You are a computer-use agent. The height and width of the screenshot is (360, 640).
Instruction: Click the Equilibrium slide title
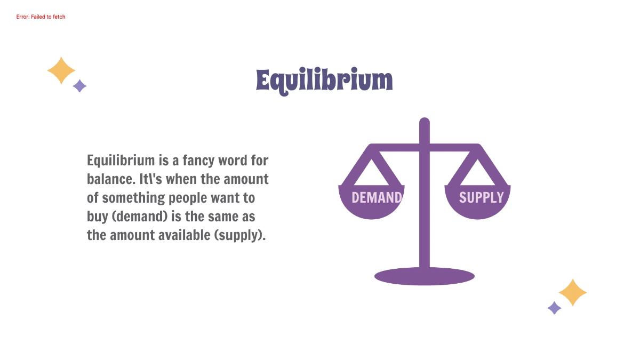point(324,81)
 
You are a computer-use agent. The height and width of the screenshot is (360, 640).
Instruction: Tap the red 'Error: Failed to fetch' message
point(41,17)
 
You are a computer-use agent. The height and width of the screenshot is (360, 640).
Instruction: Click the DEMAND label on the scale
point(376,198)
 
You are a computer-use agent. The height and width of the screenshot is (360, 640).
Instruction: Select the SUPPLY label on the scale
point(481,198)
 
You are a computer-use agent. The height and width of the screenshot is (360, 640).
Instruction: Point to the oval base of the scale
point(425,276)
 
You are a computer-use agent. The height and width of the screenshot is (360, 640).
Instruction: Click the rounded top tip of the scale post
point(425,123)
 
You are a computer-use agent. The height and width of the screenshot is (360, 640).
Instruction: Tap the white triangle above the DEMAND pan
point(372,172)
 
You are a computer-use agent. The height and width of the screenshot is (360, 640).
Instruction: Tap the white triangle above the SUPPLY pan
point(477,172)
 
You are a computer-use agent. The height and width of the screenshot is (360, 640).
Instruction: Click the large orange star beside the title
point(61,70)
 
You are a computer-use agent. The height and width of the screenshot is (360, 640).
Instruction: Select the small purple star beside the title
point(79,86)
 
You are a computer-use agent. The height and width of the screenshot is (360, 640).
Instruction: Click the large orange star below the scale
point(573,292)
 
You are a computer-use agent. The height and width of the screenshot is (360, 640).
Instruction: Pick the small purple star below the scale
point(555,308)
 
